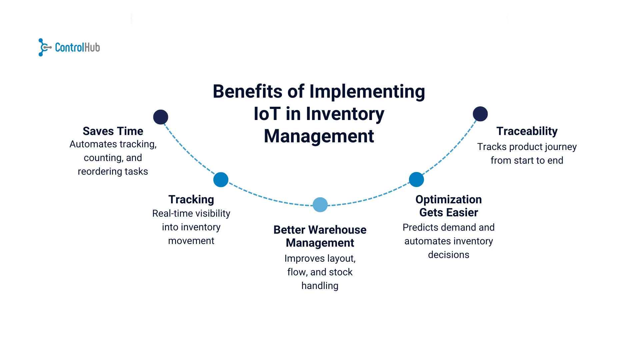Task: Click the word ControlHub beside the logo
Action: pyautogui.click(x=77, y=48)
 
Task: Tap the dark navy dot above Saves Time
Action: pyautogui.click(x=161, y=117)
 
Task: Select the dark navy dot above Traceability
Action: pyautogui.click(x=480, y=114)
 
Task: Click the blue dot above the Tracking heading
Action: pyautogui.click(x=221, y=180)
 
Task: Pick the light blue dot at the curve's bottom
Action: pyautogui.click(x=320, y=205)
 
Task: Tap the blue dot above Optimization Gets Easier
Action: pyautogui.click(x=416, y=179)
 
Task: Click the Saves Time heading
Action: pyautogui.click(x=113, y=131)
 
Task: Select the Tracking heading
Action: pyautogui.click(x=191, y=199)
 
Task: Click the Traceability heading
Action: pyautogui.click(x=527, y=131)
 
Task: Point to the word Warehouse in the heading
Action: pyautogui.click(x=337, y=230)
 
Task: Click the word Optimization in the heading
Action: pyautogui.click(x=448, y=199)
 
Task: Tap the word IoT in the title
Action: pyautogui.click(x=267, y=114)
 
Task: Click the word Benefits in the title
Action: pyautogui.click(x=248, y=91)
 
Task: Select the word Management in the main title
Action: pyautogui.click(x=319, y=136)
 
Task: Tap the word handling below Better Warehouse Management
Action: pyautogui.click(x=320, y=286)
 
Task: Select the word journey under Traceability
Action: pyautogui.click(x=560, y=147)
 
